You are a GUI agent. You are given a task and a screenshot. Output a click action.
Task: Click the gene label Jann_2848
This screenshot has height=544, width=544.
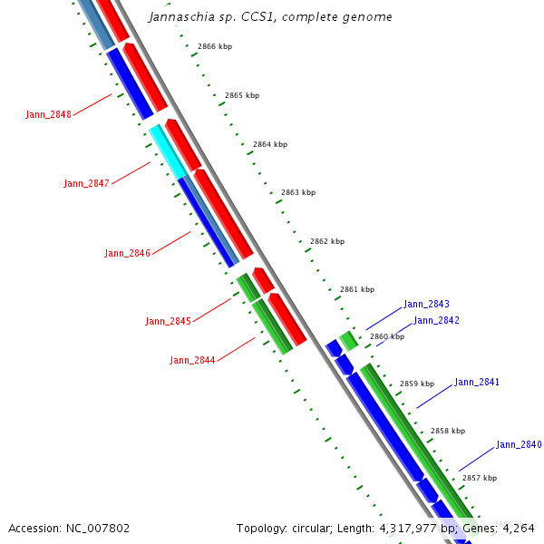[x=48, y=114]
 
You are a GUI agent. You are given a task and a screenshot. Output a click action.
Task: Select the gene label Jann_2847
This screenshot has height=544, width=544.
[x=86, y=183]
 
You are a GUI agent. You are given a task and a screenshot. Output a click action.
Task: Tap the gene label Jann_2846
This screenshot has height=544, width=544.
[x=127, y=254]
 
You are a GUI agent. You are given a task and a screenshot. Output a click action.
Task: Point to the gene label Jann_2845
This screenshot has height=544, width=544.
[x=168, y=322]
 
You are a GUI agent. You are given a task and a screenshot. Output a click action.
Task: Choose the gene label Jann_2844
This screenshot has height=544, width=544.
[x=192, y=361]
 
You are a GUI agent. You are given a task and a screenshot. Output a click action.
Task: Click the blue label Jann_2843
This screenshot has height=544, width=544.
[x=426, y=305]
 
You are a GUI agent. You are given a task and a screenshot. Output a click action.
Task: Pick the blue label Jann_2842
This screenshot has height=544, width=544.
[x=436, y=320]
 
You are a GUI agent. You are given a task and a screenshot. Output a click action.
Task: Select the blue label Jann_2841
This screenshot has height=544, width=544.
[x=476, y=383]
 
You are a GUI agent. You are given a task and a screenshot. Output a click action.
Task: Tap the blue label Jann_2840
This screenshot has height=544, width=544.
[x=519, y=445]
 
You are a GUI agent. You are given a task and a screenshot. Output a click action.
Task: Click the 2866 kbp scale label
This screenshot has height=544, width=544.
[x=215, y=46]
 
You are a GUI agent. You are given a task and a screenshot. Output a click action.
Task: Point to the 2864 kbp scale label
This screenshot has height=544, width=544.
[x=270, y=144]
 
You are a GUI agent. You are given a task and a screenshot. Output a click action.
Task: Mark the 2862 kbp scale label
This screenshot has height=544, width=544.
[x=327, y=241]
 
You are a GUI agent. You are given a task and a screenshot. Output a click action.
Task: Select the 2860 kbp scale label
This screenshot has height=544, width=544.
[x=387, y=336]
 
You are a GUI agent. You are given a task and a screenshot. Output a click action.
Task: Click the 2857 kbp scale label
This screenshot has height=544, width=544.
[x=480, y=478]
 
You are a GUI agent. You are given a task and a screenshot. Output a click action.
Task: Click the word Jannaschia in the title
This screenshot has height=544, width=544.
[x=180, y=16]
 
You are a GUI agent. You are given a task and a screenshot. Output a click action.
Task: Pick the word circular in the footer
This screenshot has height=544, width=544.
[x=300, y=528]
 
